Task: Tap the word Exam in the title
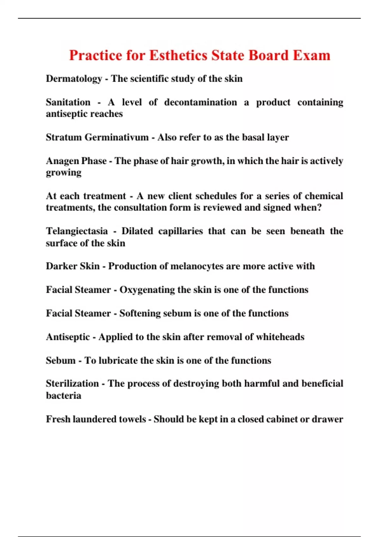tap(311, 56)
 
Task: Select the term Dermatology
tap(74, 79)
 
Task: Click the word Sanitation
tap(68, 102)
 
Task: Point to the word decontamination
tap(201, 102)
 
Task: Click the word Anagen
tap(60, 161)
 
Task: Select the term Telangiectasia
tap(77, 231)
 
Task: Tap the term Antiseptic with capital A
tap(68, 337)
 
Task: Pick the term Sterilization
tap(72, 383)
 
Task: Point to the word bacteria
tap(63, 395)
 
